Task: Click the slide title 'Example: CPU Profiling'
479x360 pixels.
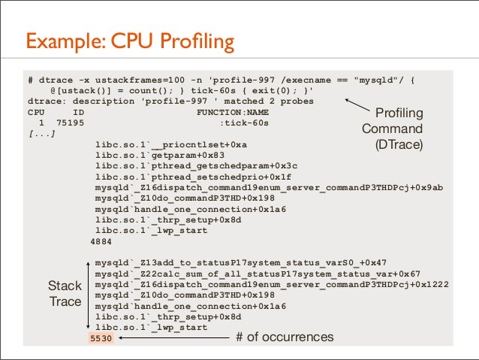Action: point(130,40)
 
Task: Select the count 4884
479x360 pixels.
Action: point(101,241)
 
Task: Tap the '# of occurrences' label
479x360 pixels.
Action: point(285,337)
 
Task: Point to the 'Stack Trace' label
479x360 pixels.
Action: point(65,294)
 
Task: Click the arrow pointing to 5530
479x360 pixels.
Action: point(173,338)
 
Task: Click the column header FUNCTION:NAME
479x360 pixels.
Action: point(233,110)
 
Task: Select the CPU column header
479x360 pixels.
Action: point(36,110)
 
